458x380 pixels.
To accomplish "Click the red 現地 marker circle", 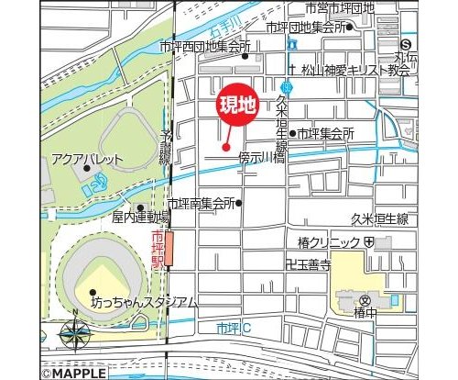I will (236, 105).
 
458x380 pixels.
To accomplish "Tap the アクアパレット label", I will (87, 159).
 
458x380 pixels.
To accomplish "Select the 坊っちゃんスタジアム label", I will (143, 302).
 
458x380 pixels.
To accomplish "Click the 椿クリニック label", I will (324, 241).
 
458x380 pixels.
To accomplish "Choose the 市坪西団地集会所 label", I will (204, 45).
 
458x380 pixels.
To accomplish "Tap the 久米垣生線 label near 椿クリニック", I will (379, 218).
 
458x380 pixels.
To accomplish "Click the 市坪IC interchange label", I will (234, 328).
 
